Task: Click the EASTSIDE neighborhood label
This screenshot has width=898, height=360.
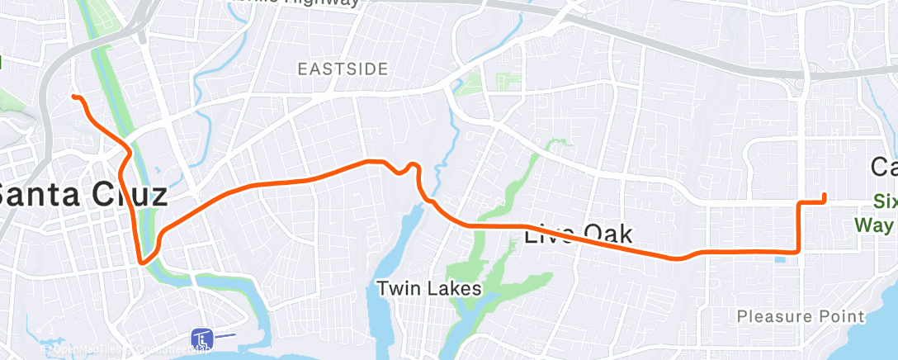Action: coord(343,69)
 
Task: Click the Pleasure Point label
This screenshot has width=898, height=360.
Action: coord(801,315)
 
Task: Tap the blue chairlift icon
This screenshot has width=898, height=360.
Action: coord(202,337)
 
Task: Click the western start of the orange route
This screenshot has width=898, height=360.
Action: coord(74,97)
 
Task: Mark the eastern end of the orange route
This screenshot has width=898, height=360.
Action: coord(825,196)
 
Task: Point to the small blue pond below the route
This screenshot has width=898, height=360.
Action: coord(781,262)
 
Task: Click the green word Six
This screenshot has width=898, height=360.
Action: coord(886,201)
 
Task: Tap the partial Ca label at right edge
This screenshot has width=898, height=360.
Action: coord(885,167)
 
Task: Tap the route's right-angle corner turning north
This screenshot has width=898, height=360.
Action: coord(798,253)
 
